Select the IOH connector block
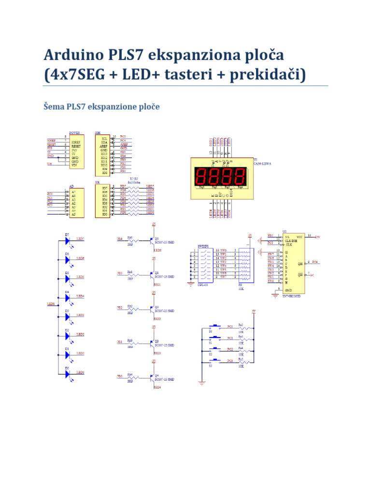102,154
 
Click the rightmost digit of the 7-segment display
240,176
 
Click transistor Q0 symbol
152,240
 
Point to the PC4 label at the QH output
315,262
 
